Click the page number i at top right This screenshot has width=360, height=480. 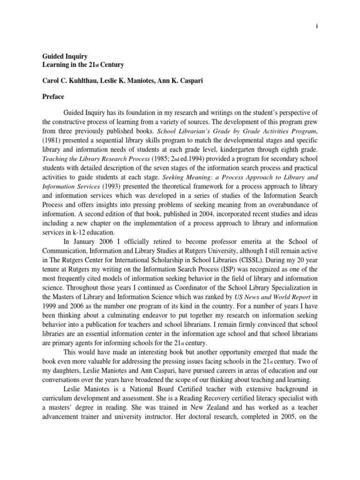point(317,26)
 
